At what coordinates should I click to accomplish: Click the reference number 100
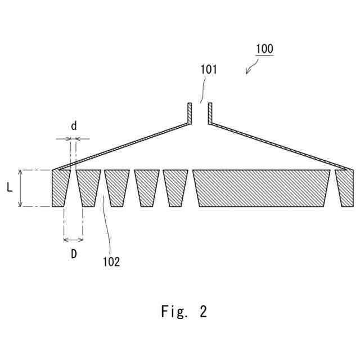[x=264, y=49]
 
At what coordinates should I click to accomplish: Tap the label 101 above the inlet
[x=208, y=70]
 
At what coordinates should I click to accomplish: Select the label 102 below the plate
[x=111, y=262]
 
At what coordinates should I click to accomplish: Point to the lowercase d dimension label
[x=74, y=126]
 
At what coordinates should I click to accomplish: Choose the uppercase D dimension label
[x=74, y=254]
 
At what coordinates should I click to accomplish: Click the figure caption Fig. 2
[x=183, y=311]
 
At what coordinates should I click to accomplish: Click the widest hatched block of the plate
[x=262, y=188]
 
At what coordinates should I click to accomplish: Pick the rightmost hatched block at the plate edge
[x=345, y=188]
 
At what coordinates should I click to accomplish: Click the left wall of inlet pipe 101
[x=190, y=112]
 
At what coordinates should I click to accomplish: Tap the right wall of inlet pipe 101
[x=209, y=112]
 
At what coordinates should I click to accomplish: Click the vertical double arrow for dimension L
[x=20, y=188]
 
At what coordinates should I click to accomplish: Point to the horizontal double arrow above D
[x=74, y=240]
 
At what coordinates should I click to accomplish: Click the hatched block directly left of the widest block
[x=175, y=188]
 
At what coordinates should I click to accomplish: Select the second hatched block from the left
[x=88, y=188]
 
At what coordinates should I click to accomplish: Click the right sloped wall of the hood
[x=276, y=144]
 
